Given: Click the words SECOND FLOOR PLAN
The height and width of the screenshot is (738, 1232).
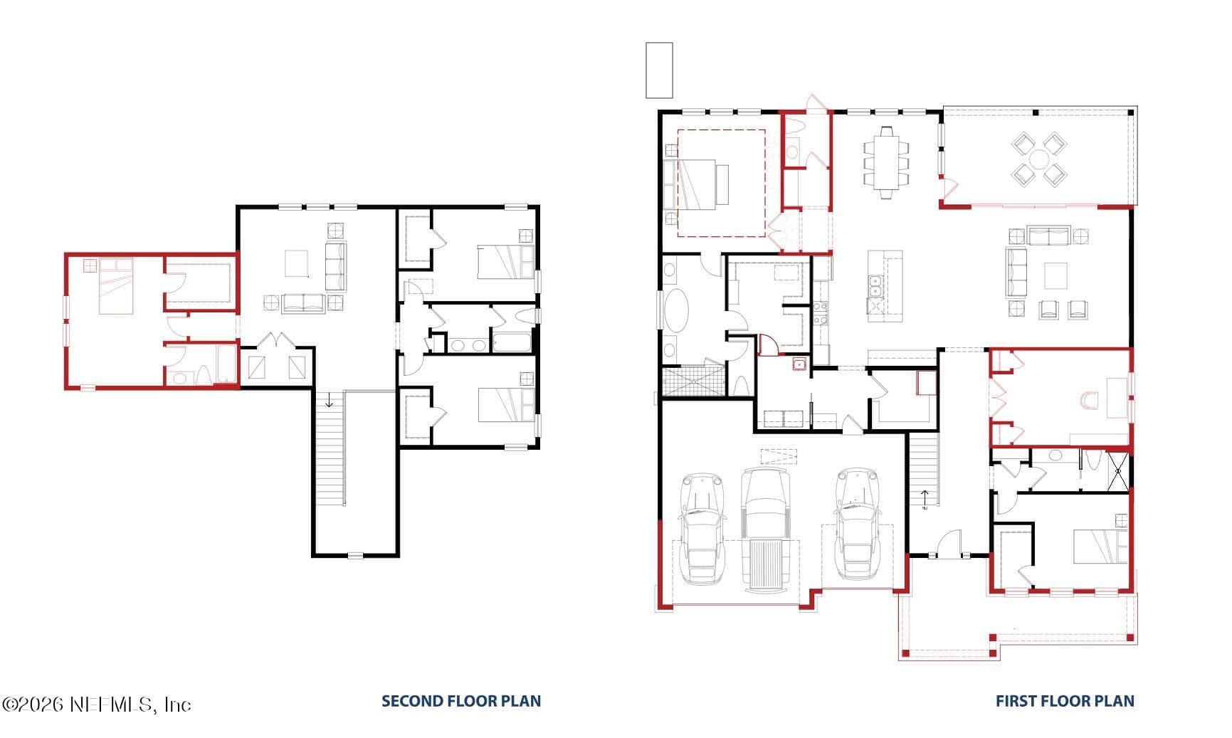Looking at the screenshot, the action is point(461,701).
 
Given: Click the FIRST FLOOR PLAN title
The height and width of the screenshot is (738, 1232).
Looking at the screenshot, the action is point(1065,701).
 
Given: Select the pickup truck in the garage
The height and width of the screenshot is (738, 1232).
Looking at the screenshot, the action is point(766,529).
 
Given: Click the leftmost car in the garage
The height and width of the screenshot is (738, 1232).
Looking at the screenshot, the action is point(702,527).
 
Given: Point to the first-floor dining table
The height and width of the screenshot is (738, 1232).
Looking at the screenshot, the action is point(887,162).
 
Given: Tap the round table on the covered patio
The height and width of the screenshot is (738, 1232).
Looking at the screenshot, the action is point(1039,159).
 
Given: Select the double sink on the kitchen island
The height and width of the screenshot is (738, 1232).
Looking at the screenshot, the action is point(875,286).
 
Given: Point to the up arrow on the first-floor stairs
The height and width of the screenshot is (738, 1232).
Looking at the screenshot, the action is point(925,497).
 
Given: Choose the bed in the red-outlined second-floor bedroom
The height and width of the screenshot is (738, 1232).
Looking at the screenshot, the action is point(115,286).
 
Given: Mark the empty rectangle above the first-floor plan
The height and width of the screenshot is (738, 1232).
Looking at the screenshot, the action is point(659,70).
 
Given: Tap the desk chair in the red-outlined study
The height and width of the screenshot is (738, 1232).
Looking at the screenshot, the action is point(1089,401).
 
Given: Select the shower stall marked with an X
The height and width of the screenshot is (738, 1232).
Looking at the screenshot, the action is point(1117,470).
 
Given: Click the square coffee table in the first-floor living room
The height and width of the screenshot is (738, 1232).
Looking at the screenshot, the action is point(1055,275).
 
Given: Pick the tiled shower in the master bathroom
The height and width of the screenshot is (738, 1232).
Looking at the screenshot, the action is point(693,381).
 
